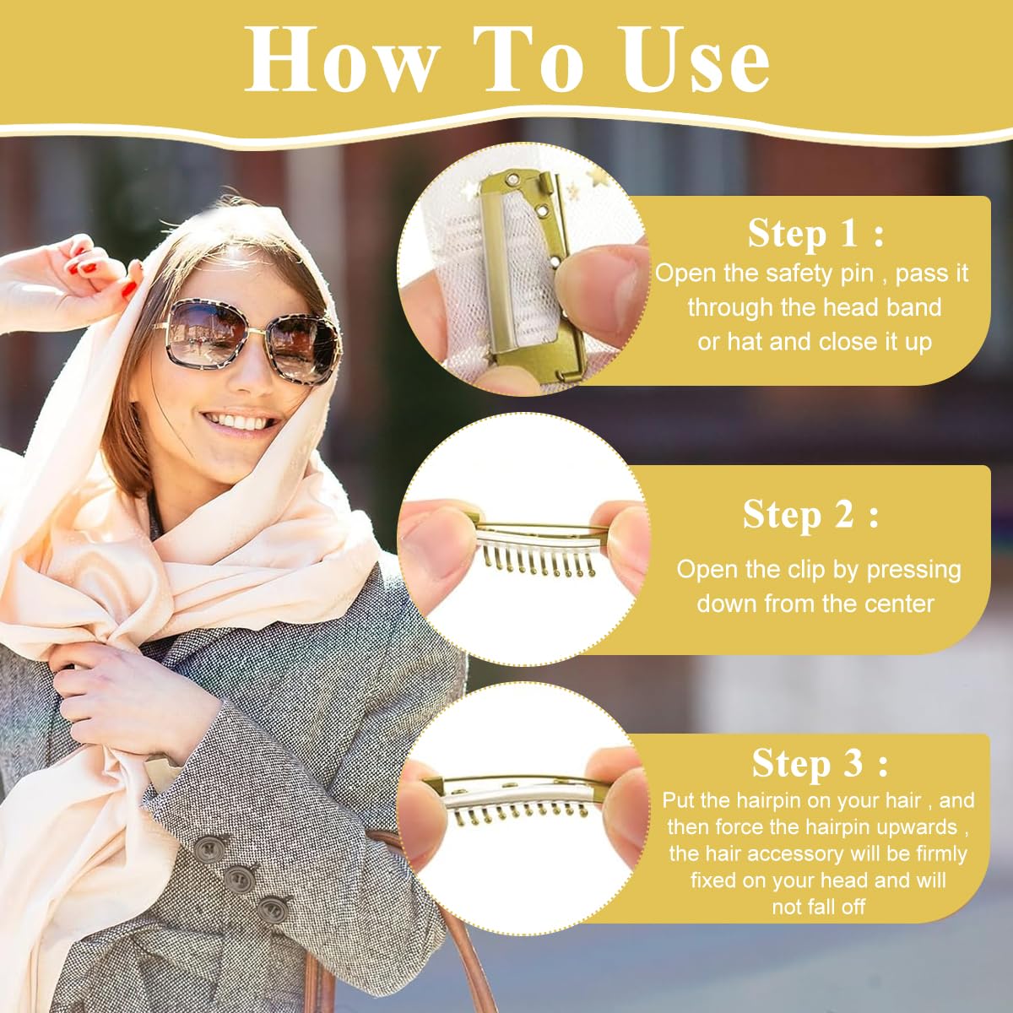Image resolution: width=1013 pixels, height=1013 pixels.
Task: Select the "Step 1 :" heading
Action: coord(815,234)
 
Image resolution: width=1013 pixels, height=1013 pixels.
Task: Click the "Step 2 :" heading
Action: coord(810,514)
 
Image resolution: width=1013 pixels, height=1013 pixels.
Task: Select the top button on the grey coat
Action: coord(208,848)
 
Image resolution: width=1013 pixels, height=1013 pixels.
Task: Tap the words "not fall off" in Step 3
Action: coord(818,907)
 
